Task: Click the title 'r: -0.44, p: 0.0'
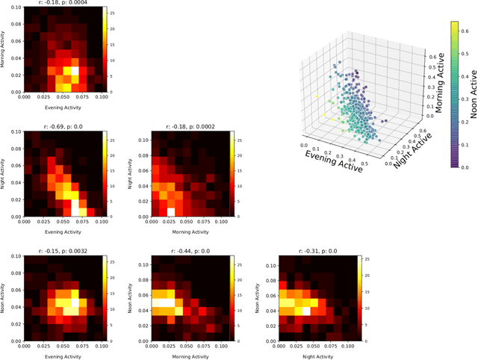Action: tap(182, 252)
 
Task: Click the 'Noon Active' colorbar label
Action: tap(473, 94)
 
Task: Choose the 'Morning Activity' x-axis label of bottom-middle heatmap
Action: tap(182, 356)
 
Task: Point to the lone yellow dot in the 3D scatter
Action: tap(316, 97)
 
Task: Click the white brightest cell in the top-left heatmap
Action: tap(73, 73)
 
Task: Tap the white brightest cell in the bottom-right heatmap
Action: tap(305, 310)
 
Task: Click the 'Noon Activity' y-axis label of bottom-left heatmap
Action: tap(5, 297)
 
